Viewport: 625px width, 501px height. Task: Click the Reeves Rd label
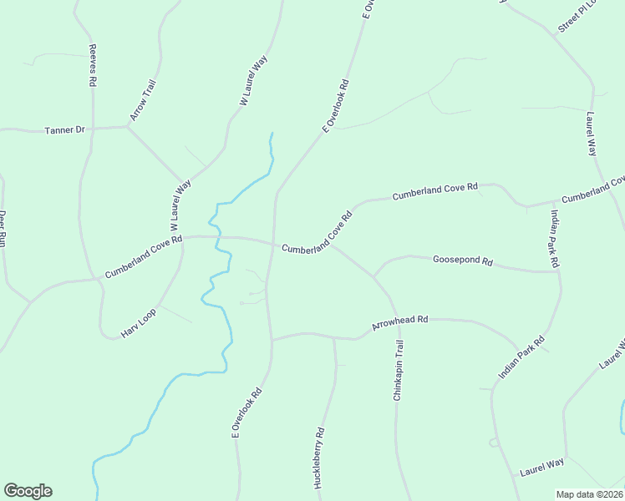coord(94,66)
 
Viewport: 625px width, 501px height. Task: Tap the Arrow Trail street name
coord(143,99)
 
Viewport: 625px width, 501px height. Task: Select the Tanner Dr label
coord(65,130)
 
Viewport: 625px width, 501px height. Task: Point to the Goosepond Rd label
coord(462,261)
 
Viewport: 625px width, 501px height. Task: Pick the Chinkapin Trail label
coord(399,371)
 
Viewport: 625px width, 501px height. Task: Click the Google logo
coord(28,491)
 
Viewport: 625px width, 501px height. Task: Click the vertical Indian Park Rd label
coord(553,238)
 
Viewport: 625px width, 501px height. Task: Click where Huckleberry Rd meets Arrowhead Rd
coord(334,338)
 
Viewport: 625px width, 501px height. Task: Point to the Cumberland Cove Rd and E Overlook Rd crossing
coord(273,244)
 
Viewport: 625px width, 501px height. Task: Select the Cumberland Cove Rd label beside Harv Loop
coord(144,258)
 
